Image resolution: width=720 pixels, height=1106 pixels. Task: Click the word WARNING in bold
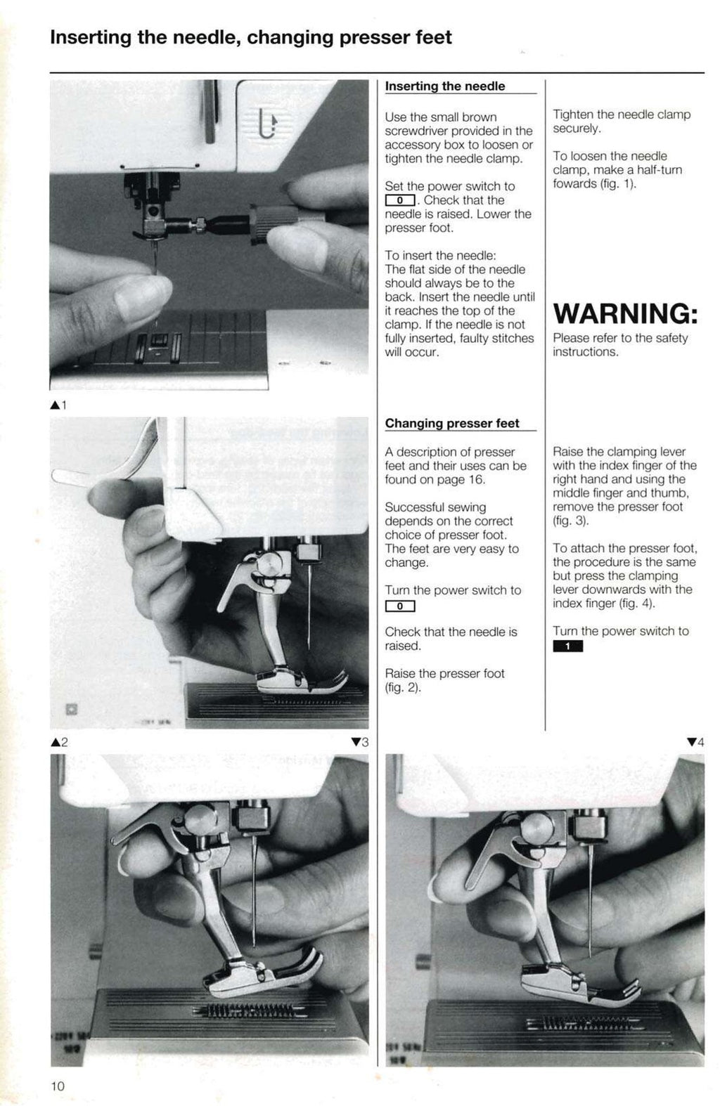pyautogui.click(x=625, y=313)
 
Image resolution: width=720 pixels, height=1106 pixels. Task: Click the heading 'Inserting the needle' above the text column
pyautogui.click(x=445, y=86)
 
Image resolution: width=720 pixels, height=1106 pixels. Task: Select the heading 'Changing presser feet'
pyautogui.click(x=452, y=424)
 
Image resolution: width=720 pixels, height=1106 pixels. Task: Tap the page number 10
pyautogui.click(x=58, y=1086)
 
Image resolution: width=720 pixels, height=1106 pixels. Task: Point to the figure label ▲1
pyautogui.click(x=58, y=405)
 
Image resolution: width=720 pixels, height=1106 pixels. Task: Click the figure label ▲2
pyautogui.click(x=59, y=742)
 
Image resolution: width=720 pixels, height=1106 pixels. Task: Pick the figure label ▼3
pyautogui.click(x=359, y=742)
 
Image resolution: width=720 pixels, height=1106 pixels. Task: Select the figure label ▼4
pyautogui.click(x=695, y=742)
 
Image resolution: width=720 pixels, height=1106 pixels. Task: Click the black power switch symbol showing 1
pyautogui.click(x=567, y=646)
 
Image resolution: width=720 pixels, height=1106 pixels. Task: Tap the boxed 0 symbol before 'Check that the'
pyautogui.click(x=399, y=201)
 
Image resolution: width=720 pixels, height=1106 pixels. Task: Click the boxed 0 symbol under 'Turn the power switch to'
pyautogui.click(x=399, y=606)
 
